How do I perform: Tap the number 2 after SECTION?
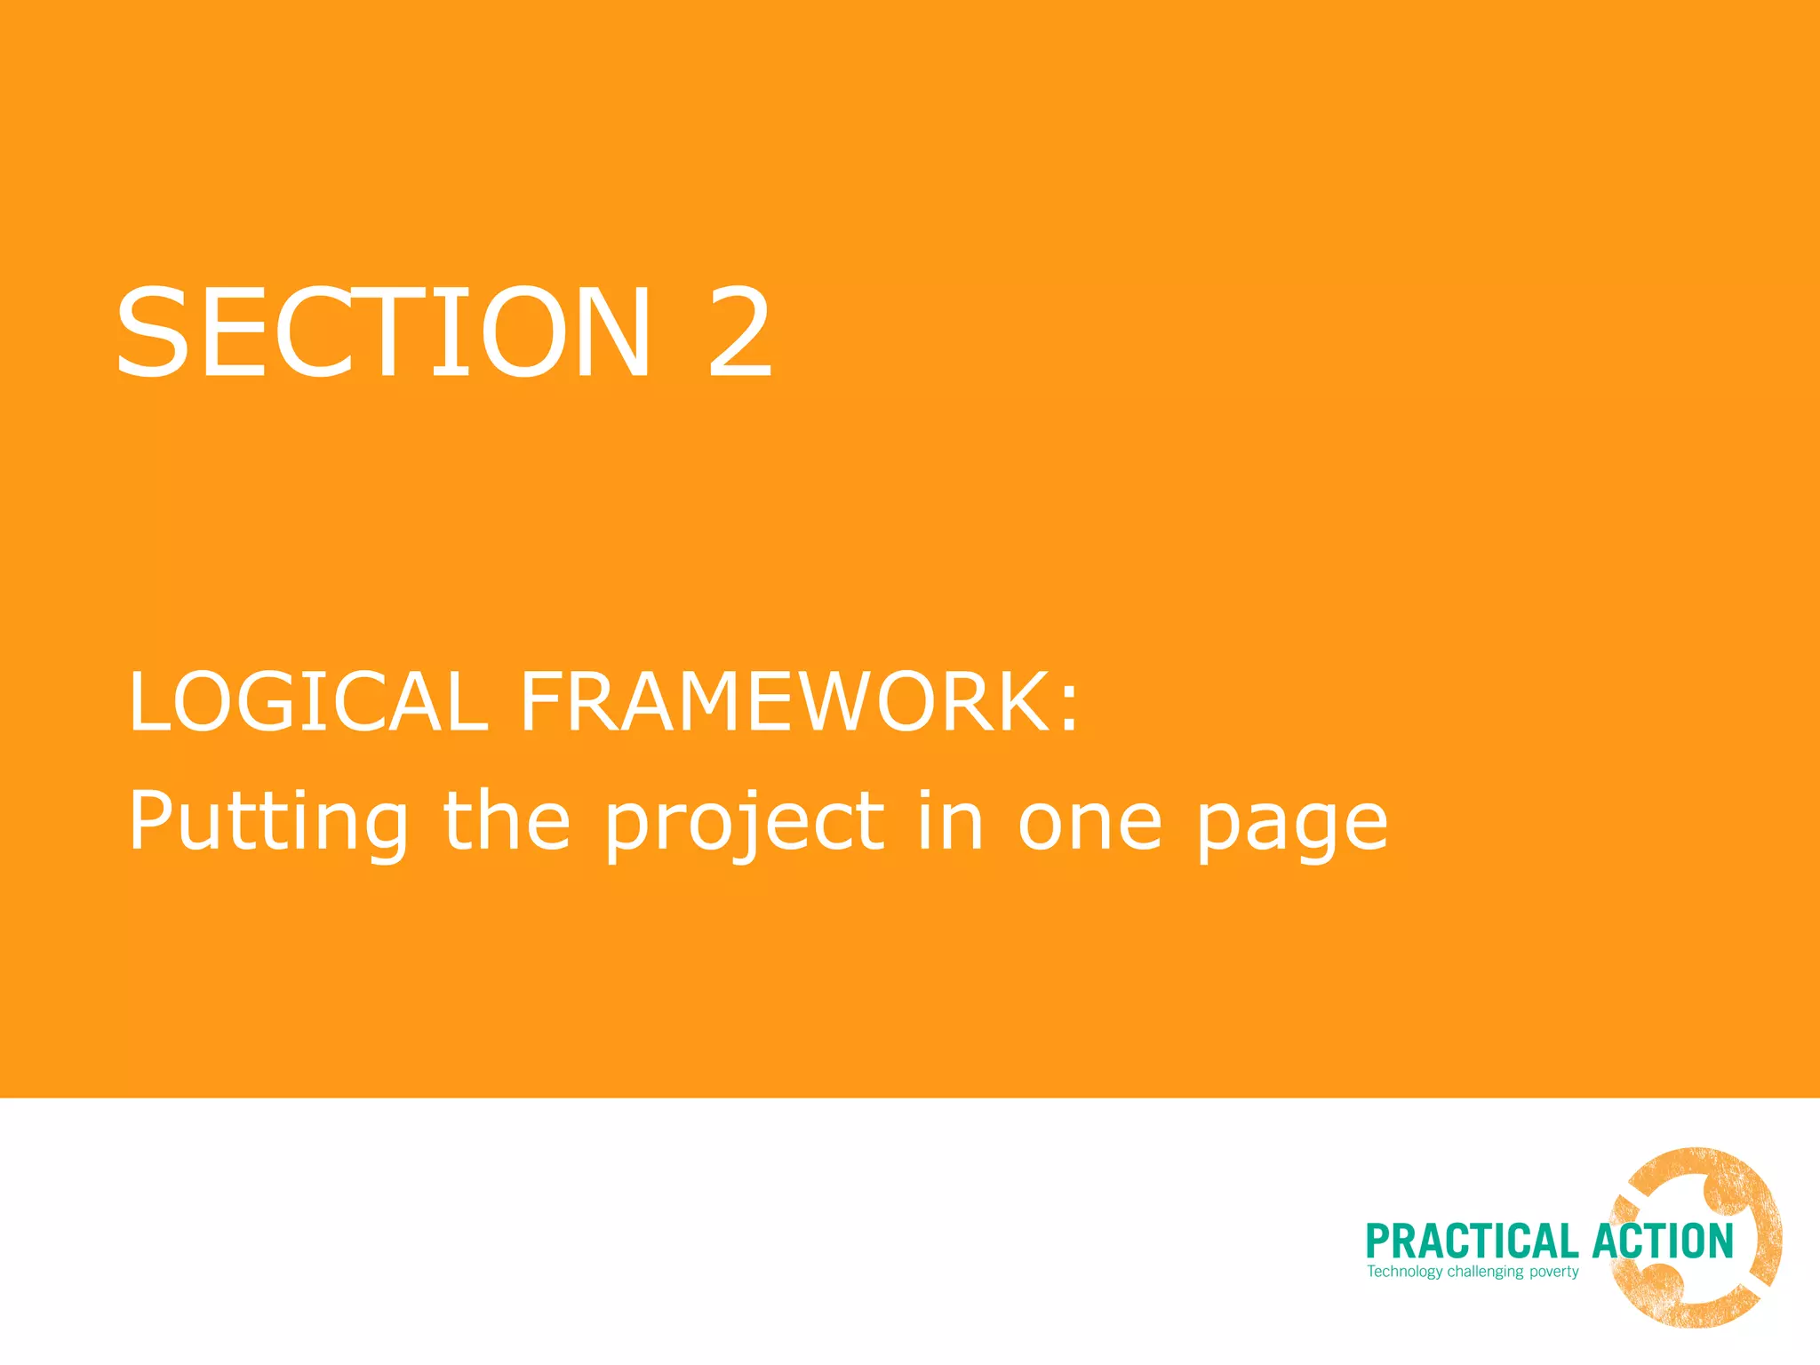[x=739, y=332]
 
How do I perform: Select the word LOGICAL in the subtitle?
[x=307, y=702]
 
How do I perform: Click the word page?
[x=1291, y=826]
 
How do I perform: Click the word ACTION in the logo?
[x=1663, y=1241]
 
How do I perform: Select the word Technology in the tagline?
[x=1404, y=1272]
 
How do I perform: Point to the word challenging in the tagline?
[x=1485, y=1272]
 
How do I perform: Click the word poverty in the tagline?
[x=1553, y=1272]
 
